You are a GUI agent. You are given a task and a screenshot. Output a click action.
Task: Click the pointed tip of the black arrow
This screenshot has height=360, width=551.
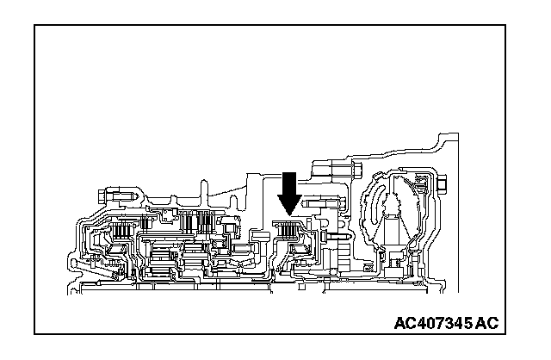pyautogui.click(x=289, y=213)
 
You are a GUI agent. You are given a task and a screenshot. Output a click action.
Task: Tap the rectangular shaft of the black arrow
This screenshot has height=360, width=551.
pyautogui.click(x=289, y=183)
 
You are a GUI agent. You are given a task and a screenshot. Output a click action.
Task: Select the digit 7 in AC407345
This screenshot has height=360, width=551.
pyautogui.click(x=436, y=324)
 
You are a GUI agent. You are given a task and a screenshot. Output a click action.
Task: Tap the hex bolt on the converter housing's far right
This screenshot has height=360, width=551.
pyautogui.click(x=442, y=183)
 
